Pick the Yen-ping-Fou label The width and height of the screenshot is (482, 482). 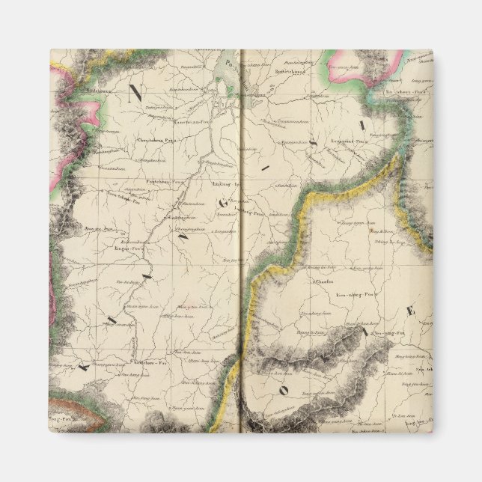click(389, 332)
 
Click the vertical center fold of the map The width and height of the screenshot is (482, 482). click(241, 262)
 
